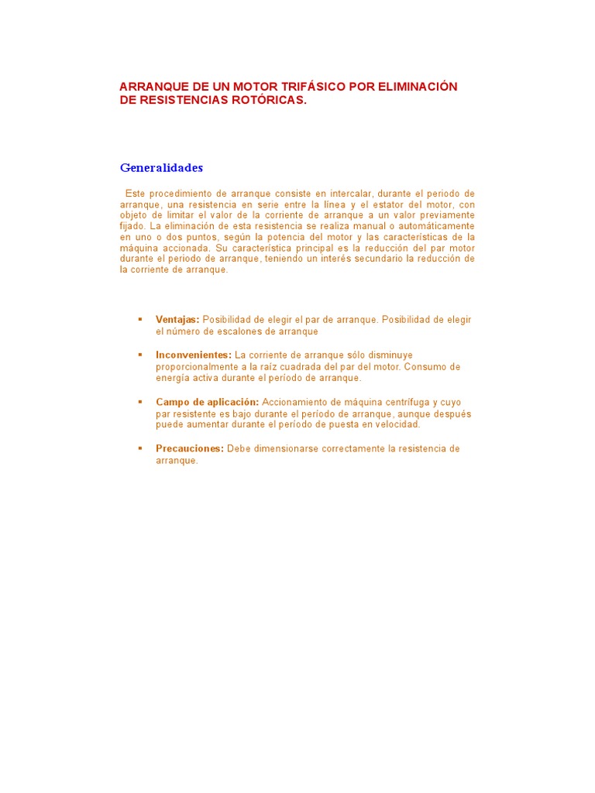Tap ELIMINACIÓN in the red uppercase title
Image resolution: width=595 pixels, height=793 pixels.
pyautogui.click(x=418, y=87)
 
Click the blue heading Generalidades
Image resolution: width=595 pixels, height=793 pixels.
pyautogui.click(x=161, y=167)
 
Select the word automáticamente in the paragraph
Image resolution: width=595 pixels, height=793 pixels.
pyautogui.click(x=438, y=226)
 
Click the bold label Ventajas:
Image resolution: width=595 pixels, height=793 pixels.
pyautogui.click(x=177, y=320)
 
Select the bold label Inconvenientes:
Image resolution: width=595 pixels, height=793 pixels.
pyautogui.click(x=194, y=355)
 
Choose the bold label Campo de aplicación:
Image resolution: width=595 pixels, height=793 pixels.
pyautogui.click(x=207, y=402)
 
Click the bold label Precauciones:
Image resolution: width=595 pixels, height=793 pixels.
pyautogui.click(x=190, y=449)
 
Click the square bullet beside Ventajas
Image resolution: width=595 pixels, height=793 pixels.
pyautogui.click(x=140, y=319)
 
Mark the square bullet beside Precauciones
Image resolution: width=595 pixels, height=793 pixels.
pyautogui.click(x=140, y=448)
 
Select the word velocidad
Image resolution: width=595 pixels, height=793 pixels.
pyautogui.click(x=395, y=424)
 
